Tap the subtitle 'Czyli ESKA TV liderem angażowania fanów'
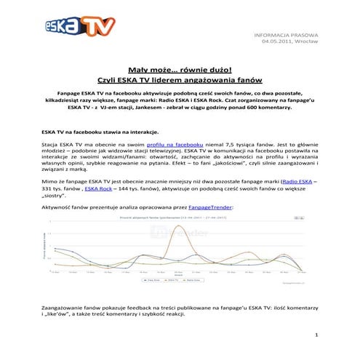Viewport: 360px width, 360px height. [180, 79]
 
